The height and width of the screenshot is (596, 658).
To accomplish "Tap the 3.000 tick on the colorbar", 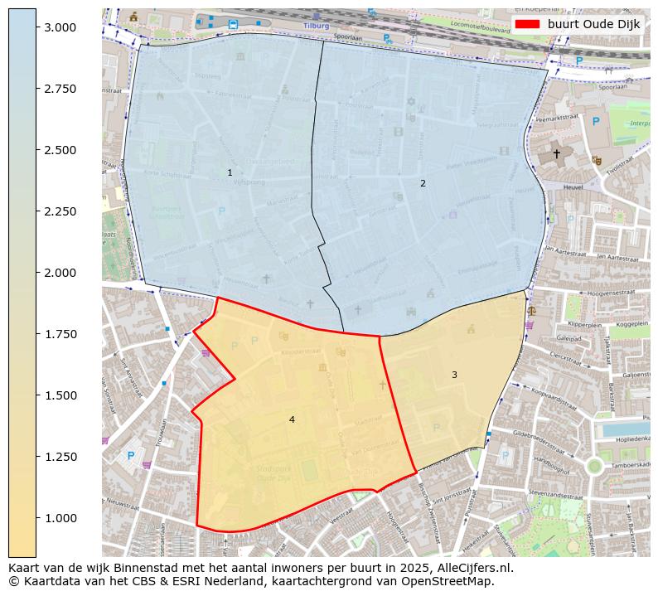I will tap(37, 27).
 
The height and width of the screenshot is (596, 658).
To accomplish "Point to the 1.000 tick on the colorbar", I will tap(37, 518).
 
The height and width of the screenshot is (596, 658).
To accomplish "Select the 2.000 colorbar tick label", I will tap(61, 273).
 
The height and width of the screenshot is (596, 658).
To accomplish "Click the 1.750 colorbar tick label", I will tap(61, 334).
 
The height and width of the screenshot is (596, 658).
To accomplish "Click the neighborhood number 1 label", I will tap(230, 172).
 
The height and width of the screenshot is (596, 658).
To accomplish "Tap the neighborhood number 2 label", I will tap(423, 183).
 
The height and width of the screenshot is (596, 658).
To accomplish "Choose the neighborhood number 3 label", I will tap(454, 375).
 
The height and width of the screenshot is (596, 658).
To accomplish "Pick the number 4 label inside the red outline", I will tap(292, 419).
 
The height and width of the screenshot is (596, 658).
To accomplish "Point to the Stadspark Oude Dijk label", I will tap(278, 473).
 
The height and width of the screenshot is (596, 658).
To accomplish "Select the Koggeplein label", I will tap(631, 325).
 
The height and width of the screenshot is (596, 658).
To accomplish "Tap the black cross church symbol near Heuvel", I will tap(556, 153).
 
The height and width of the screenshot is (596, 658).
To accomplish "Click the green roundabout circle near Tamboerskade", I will tap(594, 466).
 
